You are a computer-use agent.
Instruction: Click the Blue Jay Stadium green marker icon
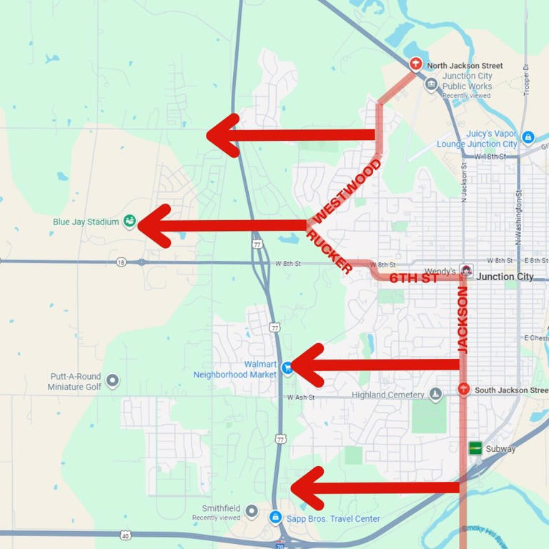point(129,222)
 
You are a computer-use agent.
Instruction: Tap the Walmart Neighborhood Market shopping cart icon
point(287,367)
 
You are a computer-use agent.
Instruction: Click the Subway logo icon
point(475,448)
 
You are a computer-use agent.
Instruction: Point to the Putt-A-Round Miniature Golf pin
point(112,380)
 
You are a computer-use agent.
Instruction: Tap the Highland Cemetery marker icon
point(435,395)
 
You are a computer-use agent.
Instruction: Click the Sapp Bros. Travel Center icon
point(274,517)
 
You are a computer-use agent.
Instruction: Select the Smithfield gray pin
point(251,511)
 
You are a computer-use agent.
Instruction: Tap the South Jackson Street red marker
point(463,390)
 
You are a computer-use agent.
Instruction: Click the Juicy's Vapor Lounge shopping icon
point(528,137)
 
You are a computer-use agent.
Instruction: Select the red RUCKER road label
point(329,252)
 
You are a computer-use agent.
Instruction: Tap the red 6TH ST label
point(413,278)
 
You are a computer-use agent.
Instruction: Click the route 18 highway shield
point(121,262)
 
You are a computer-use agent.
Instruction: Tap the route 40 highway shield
point(126,535)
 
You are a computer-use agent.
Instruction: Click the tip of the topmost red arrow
point(208,135)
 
